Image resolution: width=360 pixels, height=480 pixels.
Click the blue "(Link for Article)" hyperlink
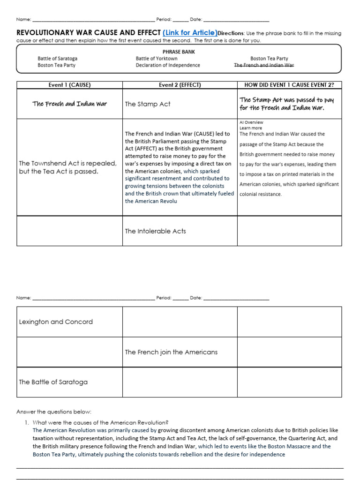click(190, 33)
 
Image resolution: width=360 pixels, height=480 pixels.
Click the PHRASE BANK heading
click(179, 52)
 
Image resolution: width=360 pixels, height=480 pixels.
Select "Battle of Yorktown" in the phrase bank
click(157, 59)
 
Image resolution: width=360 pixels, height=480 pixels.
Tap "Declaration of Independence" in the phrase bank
click(168, 65)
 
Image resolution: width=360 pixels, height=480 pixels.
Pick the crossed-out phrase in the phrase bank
click(264, 65)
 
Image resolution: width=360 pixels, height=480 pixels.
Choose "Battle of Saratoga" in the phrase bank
click(58, 59)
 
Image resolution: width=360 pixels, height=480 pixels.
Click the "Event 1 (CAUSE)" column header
click(70, 85)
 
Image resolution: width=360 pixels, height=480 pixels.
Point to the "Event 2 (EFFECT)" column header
click(180, 85)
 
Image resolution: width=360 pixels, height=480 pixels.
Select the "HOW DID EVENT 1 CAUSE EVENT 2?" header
click(289, 85)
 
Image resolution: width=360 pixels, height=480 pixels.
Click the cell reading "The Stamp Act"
click(148, 104)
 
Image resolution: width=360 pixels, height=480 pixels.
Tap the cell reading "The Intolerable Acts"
click(155, 231)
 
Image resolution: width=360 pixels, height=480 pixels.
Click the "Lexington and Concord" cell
click(56, 322)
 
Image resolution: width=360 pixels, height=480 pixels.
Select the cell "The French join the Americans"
click(171, 352)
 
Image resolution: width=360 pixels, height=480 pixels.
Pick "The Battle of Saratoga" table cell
click(53, 382)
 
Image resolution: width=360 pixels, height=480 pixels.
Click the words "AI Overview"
click(251, 122)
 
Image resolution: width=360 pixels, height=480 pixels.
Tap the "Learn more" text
click(251, 128)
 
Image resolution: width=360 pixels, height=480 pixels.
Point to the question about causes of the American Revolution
click(100, 422)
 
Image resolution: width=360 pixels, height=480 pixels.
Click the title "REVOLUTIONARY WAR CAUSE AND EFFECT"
click(89, 33)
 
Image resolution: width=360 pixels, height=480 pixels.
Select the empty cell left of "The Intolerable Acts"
click(70, 231)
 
